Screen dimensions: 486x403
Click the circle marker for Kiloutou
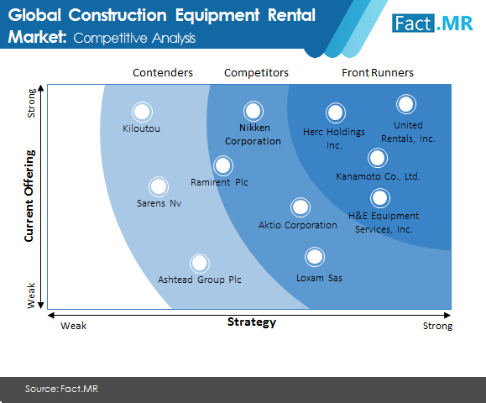(142, 112)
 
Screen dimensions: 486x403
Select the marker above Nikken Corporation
(253, 111)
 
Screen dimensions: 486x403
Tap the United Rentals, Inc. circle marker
(406, 104)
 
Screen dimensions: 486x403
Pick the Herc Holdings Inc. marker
(336, 113)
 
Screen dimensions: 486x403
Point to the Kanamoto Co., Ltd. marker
(378, 158)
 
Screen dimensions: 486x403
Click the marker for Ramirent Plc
(223, 165)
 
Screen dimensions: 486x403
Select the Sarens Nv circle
(159, 186)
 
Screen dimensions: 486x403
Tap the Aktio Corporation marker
(300, 207)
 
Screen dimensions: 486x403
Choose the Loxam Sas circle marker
(315, 257)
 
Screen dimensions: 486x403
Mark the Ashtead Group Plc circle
(200, 264)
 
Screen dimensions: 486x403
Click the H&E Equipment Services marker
(380, 198)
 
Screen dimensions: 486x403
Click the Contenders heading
(163, 73)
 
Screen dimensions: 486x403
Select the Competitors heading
(256, 73)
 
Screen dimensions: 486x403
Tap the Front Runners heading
(378, 73)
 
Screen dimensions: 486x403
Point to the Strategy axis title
(252, 322)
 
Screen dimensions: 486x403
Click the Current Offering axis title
(29, 196)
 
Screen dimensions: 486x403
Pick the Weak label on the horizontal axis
(74, 326)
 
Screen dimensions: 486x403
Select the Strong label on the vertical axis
(31, 103)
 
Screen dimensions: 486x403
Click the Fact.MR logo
(432, 23)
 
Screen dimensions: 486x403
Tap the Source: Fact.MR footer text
(61, 389)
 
